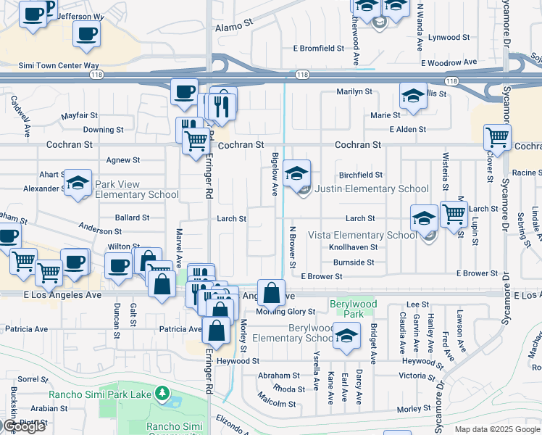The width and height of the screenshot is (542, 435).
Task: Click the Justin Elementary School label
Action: [x=372, y=189]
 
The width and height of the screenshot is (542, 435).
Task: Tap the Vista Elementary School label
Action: [x=362, y=235]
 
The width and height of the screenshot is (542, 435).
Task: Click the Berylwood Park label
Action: [x=346, y=310]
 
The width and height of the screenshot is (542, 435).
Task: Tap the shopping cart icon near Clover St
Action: [x=497, y=137]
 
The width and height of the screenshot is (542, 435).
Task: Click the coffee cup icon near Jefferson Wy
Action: [x=87, y=34]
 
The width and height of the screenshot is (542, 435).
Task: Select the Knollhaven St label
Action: [x=354, y=247]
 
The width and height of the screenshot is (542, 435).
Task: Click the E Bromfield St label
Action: [x=318, y=49]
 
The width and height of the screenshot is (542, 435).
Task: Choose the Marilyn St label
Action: [x=354, y=92]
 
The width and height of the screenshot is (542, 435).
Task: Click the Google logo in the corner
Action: [x=24, y=426]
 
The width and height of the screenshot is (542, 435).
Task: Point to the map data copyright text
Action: [x=498, y=429]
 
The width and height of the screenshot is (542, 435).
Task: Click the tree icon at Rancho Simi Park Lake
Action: [x=163, y=394]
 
